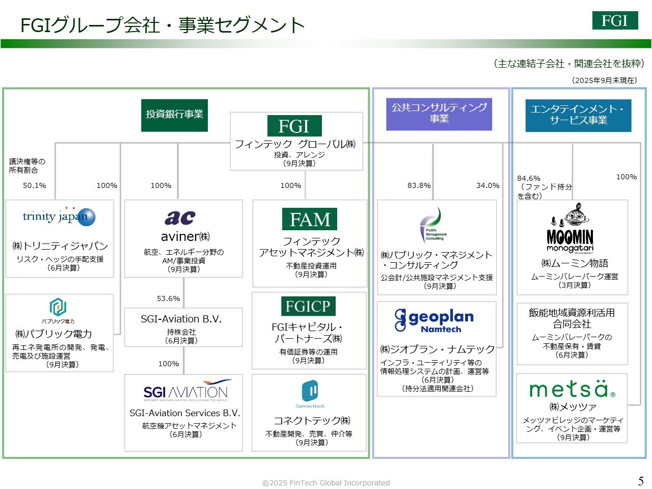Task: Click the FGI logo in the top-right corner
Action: (x=615, y=20)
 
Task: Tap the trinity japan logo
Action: (x=59, y=216)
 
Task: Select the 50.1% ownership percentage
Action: (x=35, y=185)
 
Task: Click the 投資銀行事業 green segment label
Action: (x=174, y=115)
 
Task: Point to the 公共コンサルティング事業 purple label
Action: (x=439, y=113)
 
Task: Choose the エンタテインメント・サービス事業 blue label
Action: (x=578, y=115)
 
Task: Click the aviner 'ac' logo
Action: (x=180, y=218)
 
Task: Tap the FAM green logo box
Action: (x=310, y=220)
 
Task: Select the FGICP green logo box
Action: (x=308, y=306)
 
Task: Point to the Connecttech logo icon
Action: (x=310, y=392)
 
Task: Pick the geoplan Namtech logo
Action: (x=434, y=320)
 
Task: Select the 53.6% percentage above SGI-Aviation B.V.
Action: (x=169, y=298)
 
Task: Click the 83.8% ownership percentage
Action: (x=419, y=185)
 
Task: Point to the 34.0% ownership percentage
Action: (x=487, y=185)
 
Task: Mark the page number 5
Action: (x=641, y=481)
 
